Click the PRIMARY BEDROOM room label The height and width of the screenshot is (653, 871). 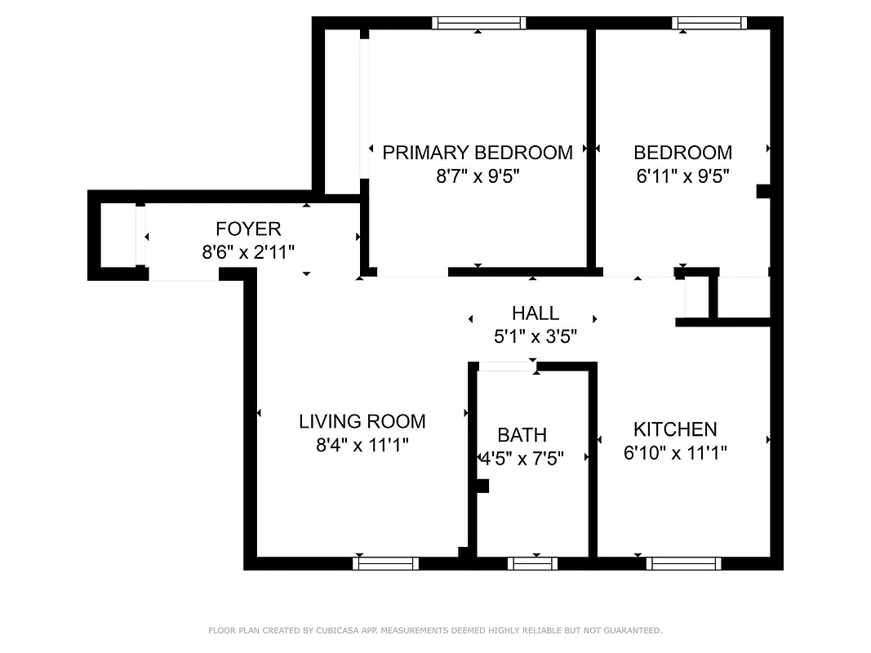pos(478,153)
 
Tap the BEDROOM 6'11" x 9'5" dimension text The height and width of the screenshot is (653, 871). pos(682,175)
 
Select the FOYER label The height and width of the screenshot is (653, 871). pos(248,229)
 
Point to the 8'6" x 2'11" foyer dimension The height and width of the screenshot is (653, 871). pos(248,252)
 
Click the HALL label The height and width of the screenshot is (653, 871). pos(535,313)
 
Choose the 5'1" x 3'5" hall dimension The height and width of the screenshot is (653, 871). pos(535,336)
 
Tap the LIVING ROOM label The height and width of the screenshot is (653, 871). pos(362,421)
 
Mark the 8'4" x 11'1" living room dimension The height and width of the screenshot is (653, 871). pos(362,445)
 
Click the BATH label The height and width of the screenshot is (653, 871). pos(522,435)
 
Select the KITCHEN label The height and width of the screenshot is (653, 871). pos(675,429)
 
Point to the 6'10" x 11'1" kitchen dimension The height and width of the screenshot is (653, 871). pos(675,453)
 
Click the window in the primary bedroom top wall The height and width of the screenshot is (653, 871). pos(478,23)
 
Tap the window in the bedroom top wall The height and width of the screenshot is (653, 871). pos(709,23)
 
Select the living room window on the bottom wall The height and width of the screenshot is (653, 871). pos(386,563)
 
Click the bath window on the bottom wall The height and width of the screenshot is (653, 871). pos(532,563)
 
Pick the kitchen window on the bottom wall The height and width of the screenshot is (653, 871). pos(683,563)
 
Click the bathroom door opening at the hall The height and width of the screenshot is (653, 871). pos(506,366)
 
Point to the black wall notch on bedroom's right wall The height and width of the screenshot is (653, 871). pos(763,191)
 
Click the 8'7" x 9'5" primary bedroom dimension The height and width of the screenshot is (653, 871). pos(478,175)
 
